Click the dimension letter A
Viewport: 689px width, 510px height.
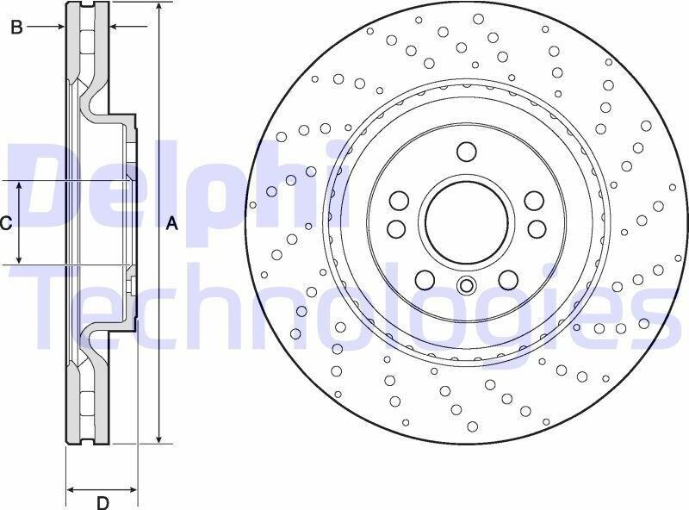pyautogui.click(x=172, y=224)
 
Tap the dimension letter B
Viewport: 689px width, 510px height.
pyautogui.click(x=16, y=28)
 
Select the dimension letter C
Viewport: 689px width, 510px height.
pyautogui.click(x=5, y=224)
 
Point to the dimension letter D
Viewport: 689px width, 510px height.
pyautogui.click(x=102, y=502)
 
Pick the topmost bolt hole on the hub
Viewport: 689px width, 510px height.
pyautogui.click(x=466, y=152)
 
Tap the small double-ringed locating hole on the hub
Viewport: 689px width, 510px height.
pyautogui.click(x=466, y=285)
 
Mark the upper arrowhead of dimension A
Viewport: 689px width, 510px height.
pyautogui.click(x=159, y=6)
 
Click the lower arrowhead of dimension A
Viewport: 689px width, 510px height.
pyautogui.click(x=159, y=438)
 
